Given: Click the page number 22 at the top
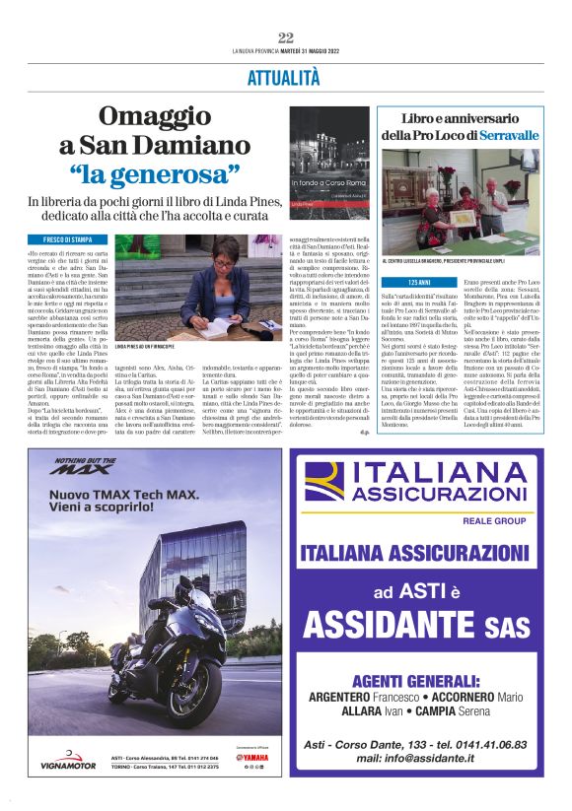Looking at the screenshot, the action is click(x=286, y=37).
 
